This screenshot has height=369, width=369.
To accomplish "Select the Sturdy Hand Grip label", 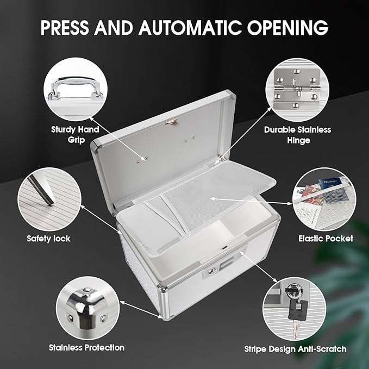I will (x=75, y=134).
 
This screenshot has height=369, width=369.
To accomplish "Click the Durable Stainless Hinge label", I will (x=297, y=135).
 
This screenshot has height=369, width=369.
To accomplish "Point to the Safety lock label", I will (x=48, y=238).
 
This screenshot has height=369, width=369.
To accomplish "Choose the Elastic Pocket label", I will (x=326, y=238).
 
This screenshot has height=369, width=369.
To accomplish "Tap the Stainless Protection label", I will (x=86, y=347).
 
